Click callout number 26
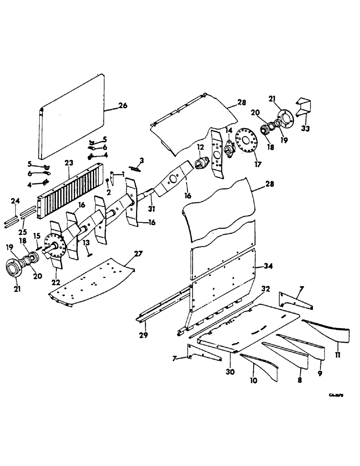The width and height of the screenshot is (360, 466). [122, 105]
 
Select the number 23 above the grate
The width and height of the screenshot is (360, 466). [69, 163]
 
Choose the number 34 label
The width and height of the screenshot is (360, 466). [268, 266]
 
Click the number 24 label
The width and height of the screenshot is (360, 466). [14, 201]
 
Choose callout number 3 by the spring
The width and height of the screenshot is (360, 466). [141, 161]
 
